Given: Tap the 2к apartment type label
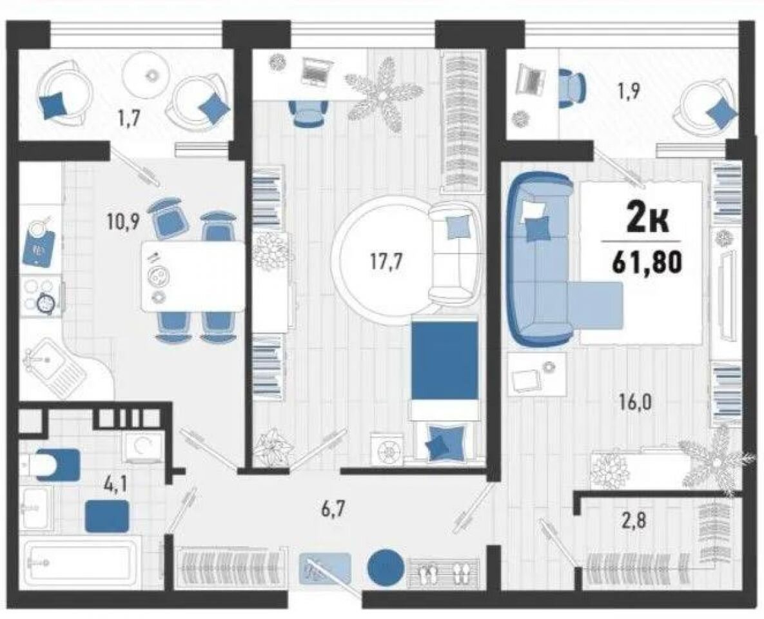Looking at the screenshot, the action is [x=647, y=222].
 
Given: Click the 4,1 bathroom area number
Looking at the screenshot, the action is [x=115, y=486].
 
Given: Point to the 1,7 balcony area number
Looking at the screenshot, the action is [x=127, y=119].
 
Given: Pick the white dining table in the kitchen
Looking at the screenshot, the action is [x=193, y=276].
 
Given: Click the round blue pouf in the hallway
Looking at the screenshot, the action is [x=386, y=567].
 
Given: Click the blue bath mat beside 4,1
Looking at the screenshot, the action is [x=107, y=516].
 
